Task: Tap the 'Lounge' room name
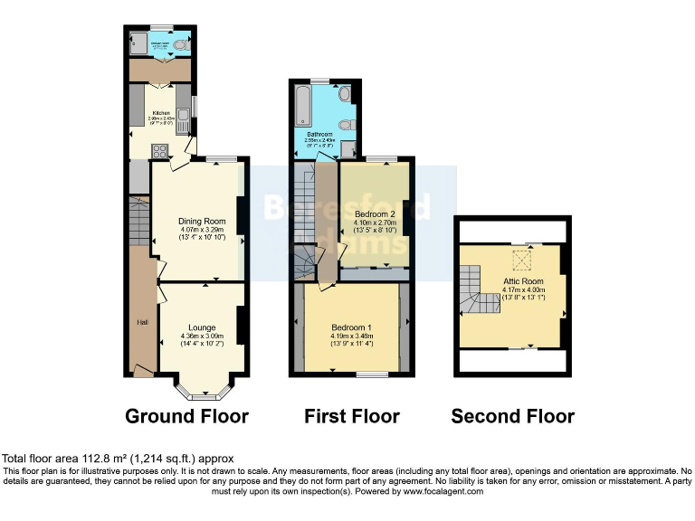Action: pos(201,327)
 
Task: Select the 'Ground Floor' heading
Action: pos(186,416)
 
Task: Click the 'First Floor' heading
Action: pos(352,416)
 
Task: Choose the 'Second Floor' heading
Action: pos(512,416)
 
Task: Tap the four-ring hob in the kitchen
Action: pos(159,151)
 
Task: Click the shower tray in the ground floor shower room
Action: pos(140,43)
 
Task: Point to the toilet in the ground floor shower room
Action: pos(180,43)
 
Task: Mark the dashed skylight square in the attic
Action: pos(521,260)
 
